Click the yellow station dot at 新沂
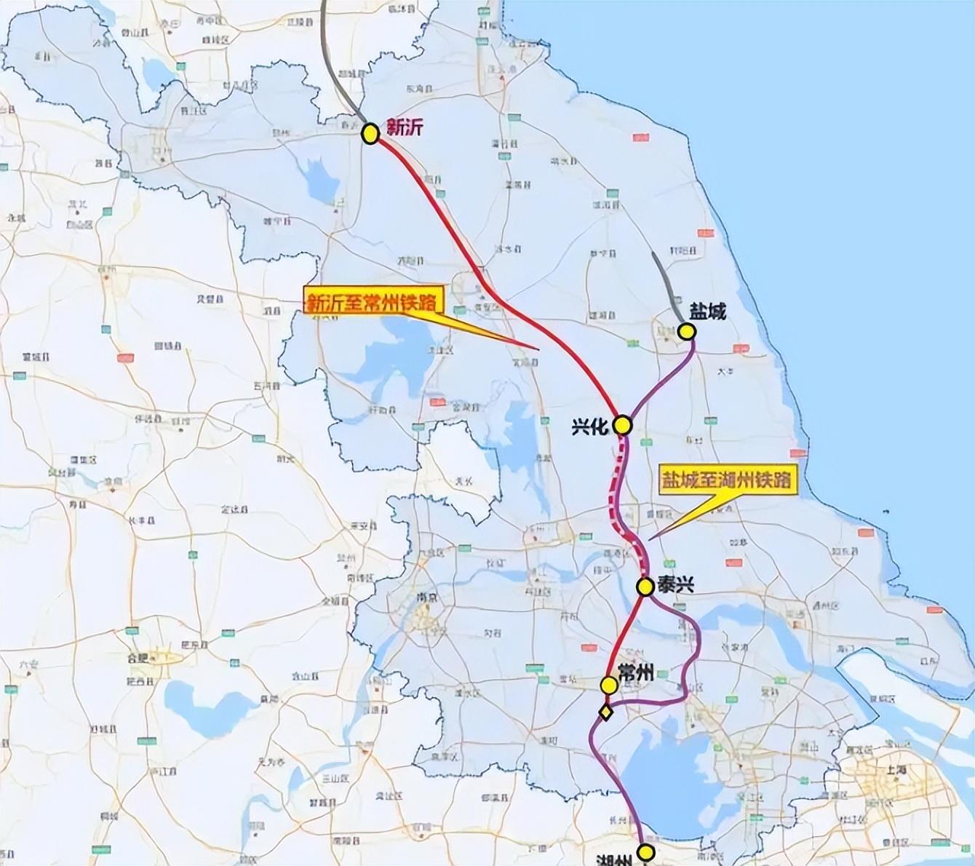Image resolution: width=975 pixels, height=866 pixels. tap(370, 134)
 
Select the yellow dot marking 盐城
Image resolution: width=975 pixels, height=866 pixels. tap(686, 332)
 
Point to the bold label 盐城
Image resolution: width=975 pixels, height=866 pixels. tap(708, 312)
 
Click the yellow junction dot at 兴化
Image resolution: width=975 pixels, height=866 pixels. tap(622, 424)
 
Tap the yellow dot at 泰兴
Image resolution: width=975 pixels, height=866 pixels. tap(645, 586)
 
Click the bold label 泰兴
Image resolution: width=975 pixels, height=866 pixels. tap(674, 584)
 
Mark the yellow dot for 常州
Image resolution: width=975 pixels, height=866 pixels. tap(609, 685)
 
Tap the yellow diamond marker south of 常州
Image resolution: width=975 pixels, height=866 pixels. tap(605, 712)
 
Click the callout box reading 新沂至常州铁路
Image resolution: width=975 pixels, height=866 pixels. tap(373, 302)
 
